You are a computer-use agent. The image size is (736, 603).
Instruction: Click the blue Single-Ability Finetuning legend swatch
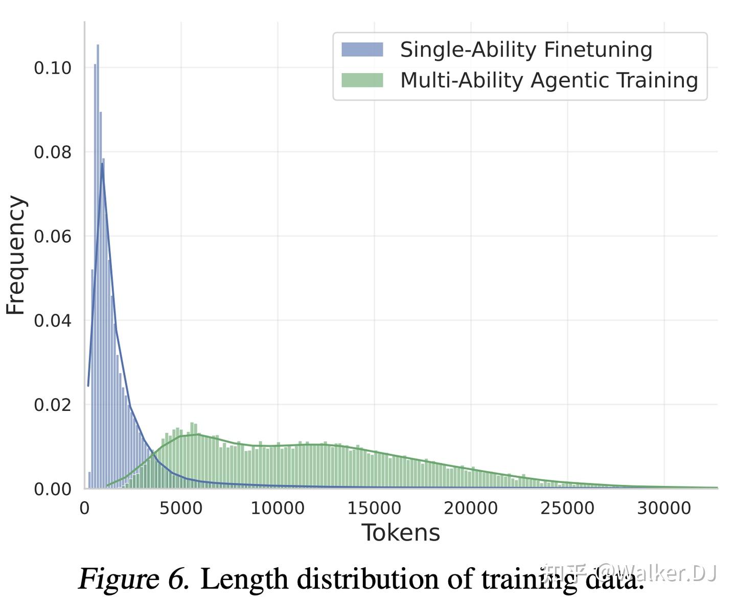click(x=362, y=50)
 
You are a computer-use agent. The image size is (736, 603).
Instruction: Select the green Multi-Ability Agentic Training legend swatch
click(x=362, y=80)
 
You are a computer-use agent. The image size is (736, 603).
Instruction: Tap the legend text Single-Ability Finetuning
click(x=526, y=50)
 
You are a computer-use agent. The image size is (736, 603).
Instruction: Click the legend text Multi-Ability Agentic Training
click(x=549, y=80)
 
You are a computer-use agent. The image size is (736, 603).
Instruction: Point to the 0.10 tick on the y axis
click(x=53, y=68)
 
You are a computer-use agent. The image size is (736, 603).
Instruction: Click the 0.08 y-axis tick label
click(x=53, y=152)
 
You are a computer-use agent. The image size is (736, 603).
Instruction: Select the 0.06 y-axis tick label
click(x=53, y=237)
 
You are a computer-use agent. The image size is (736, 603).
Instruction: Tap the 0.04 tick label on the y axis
click(x=53, y=321)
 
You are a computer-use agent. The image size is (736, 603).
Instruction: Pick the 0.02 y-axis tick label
click(x=53, y=405)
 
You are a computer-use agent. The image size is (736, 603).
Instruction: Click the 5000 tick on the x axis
click(x=181, y=508)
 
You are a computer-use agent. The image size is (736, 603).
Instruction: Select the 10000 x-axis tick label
click(x=278, y=508)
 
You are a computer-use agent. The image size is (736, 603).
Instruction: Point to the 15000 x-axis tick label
click(x=374, y=508)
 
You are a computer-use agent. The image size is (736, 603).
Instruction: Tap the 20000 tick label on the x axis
click(x=471, y=508)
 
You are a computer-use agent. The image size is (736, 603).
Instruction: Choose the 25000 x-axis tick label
click(x=567, y=508)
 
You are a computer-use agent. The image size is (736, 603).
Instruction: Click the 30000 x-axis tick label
click(x=664, y=508)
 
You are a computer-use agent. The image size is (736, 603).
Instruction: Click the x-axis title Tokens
click(x=401, y=533)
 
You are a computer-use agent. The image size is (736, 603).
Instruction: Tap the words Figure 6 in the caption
click(x=134, y=579)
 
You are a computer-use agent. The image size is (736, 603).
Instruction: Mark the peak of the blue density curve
click(x=102, y=164)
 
